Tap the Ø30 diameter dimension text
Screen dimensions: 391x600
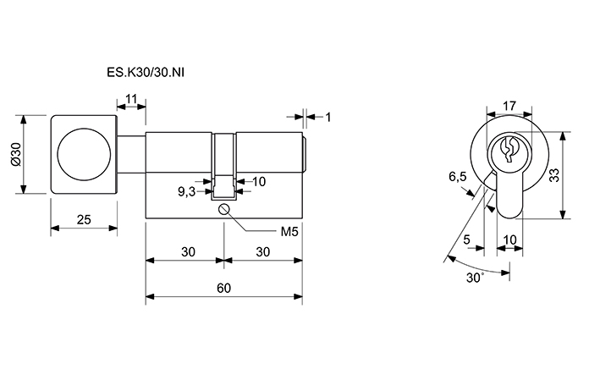pos(15,154)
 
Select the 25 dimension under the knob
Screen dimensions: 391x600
pos(84,219)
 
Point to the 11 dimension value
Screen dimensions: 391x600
pos(131,100)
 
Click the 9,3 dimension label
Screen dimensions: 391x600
pos(187,192)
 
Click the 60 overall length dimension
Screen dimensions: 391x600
pos(223,288)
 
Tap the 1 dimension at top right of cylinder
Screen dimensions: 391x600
pos(327,116)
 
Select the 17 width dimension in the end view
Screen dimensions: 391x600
pos(509,107)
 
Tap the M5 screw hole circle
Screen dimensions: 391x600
pos(224,211)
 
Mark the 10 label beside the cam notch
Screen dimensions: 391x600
pos(259,181)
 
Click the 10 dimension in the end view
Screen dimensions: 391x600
pos(509,240)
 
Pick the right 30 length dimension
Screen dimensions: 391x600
pos(263,251)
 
